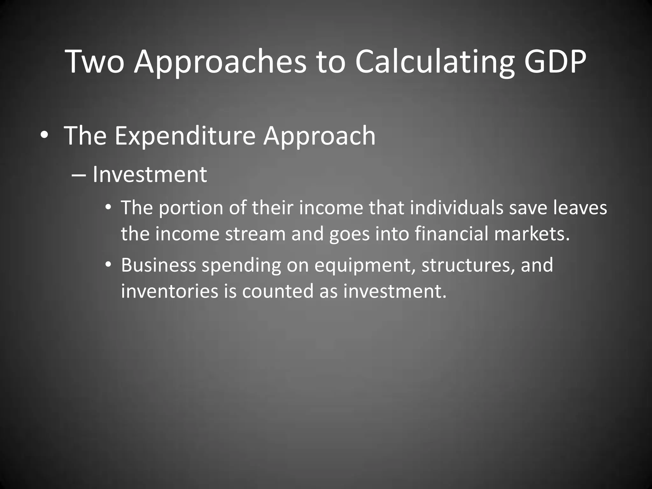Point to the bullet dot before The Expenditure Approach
[x=45, y=136]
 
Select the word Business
[x=158, y=265]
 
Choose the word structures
[x=468, y=266]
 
